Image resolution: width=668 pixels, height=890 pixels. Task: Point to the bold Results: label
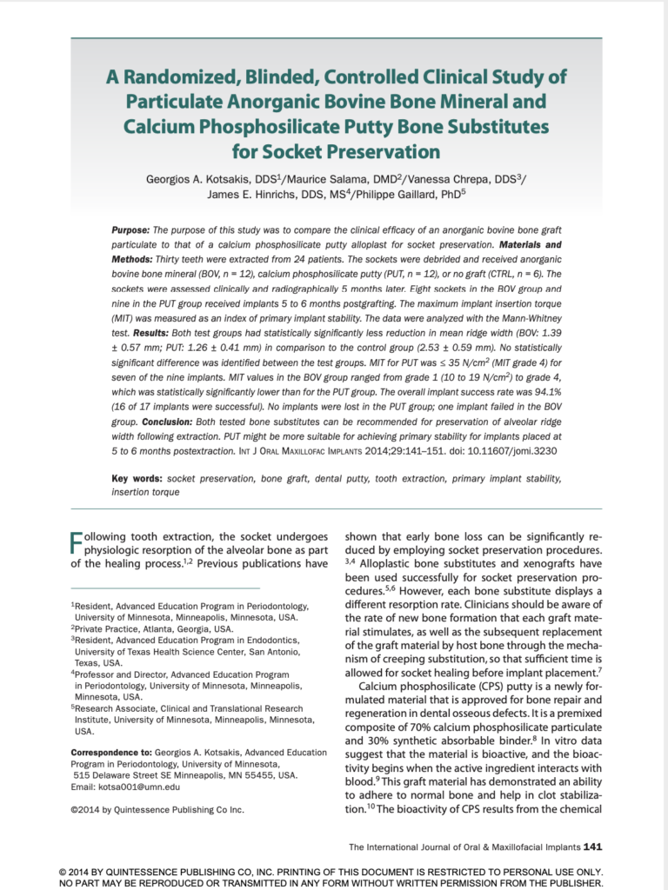[156, 333]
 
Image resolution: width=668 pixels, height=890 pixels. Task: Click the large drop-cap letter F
[77, 545]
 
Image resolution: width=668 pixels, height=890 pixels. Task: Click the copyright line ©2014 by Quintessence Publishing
[157, 809]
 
